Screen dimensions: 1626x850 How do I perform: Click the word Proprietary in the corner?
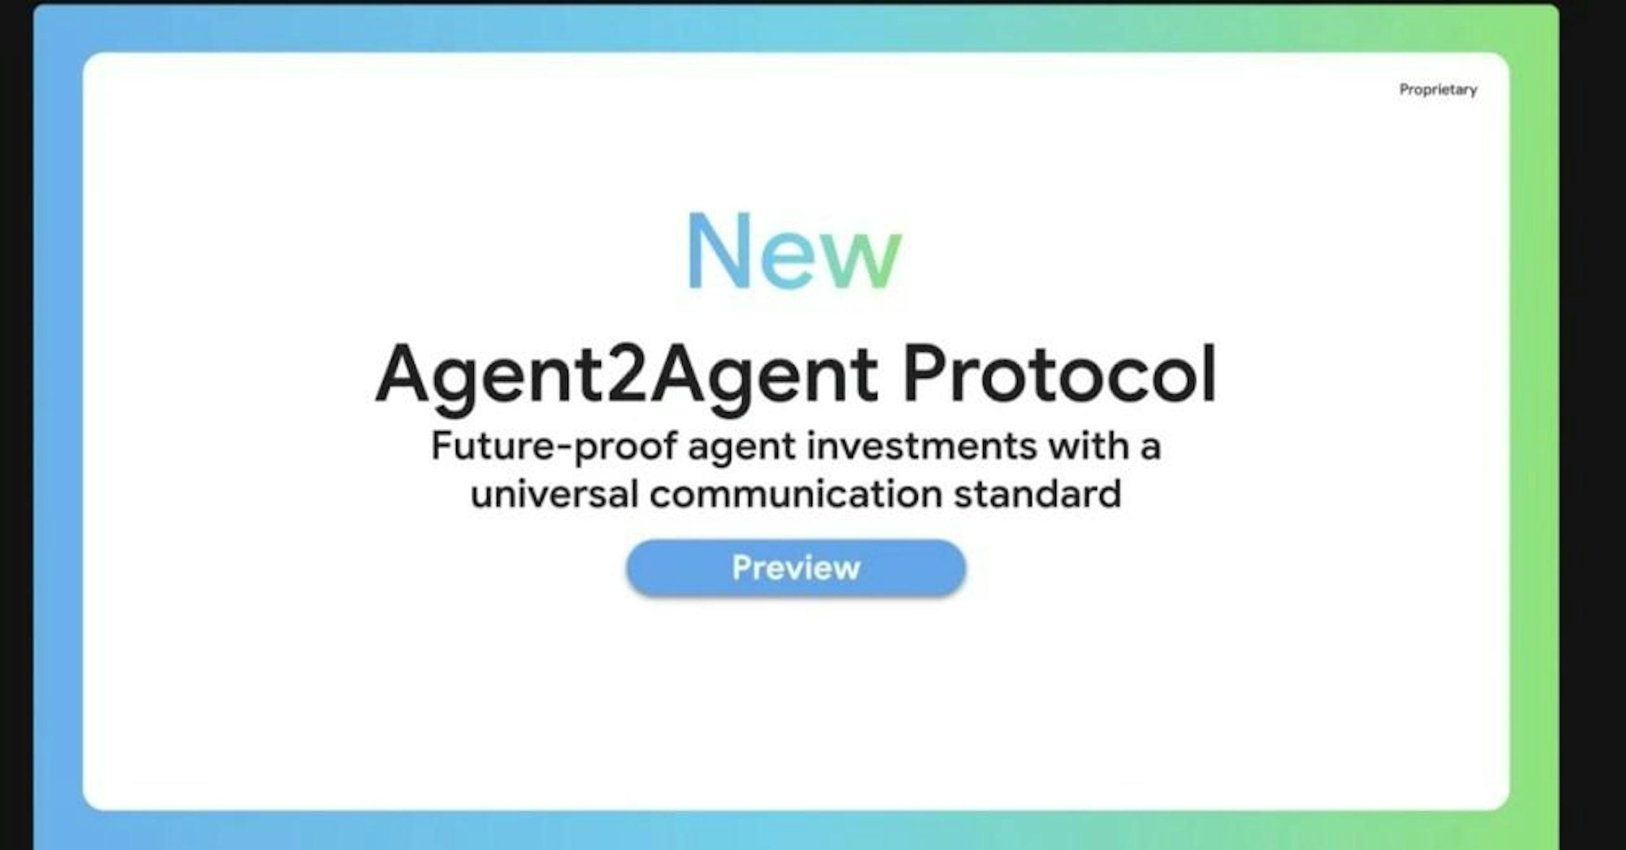1438,90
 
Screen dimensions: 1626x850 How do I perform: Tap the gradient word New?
795,251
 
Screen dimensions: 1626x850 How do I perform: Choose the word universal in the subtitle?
554,493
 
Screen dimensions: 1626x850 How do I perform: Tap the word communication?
796,493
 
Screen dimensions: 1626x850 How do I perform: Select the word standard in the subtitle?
1038,493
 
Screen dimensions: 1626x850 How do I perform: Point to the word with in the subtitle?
1088,446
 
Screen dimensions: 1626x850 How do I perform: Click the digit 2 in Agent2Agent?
628,373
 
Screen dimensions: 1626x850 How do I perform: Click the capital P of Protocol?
927,373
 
